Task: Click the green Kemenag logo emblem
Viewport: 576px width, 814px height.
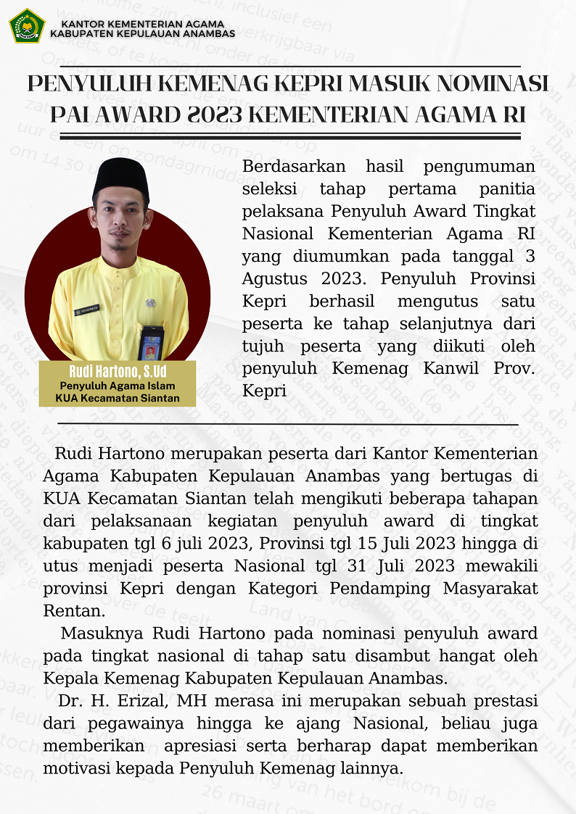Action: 27,25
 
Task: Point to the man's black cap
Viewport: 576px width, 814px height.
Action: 121,178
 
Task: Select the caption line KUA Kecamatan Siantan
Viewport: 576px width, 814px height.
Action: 118,398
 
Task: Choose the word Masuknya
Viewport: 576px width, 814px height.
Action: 102,633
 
